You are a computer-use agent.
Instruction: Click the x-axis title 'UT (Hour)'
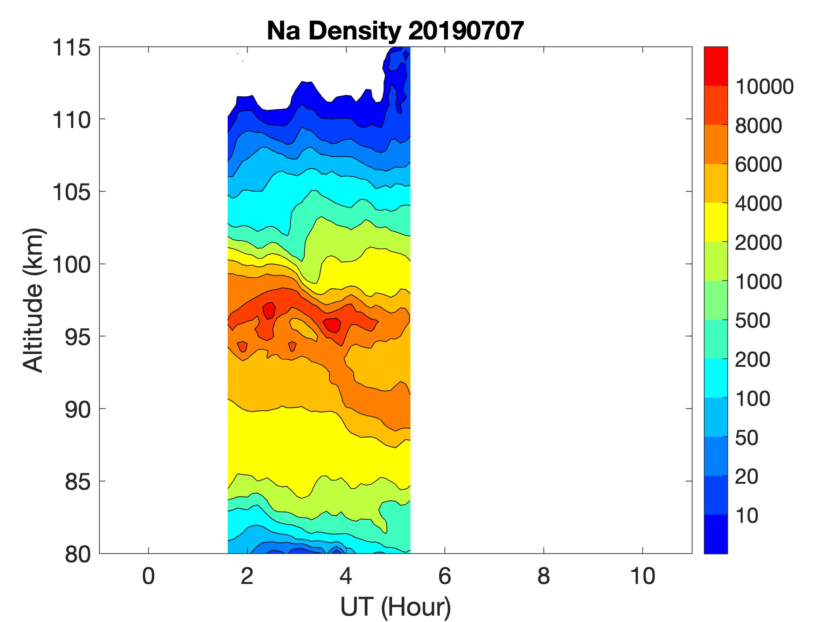(x=395, y=606)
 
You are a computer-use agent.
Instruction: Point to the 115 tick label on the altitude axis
(x=71, y=48)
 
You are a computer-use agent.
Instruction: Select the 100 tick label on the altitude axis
(x=71, y=264)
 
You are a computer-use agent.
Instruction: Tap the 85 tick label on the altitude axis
(x=78, y=481)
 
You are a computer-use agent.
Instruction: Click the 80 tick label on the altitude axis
(x=78, y=554)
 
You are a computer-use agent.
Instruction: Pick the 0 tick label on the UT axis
(x=149, y=576)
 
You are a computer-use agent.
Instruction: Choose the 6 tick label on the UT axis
(x=445, y=576)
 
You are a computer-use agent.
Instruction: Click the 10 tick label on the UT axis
(x=643, y=576)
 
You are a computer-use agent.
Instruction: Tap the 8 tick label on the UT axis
(x=544, y=576)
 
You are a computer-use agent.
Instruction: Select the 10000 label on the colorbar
(x=764, y=87)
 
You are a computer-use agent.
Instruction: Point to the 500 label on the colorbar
(x=752, y=321)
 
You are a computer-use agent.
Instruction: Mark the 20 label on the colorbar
(x=746, y=477)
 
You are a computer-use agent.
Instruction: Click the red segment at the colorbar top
(x=715, y=66)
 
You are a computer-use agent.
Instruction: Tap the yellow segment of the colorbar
(x=715, y=222)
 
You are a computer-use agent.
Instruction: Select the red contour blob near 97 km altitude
(x=269, y=310)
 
